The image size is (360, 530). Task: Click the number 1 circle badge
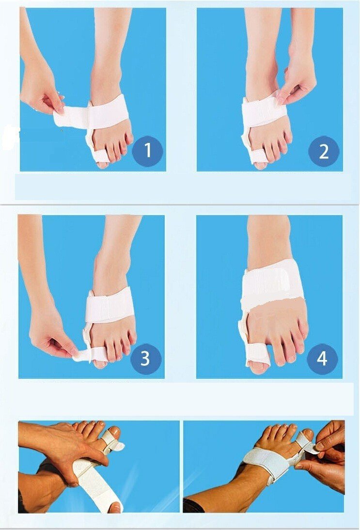coord(147,150)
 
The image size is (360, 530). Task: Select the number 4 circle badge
coord(322,358)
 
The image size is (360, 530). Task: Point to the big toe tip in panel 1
coord(102,164)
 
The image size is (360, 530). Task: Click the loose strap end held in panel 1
coord(69,117)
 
